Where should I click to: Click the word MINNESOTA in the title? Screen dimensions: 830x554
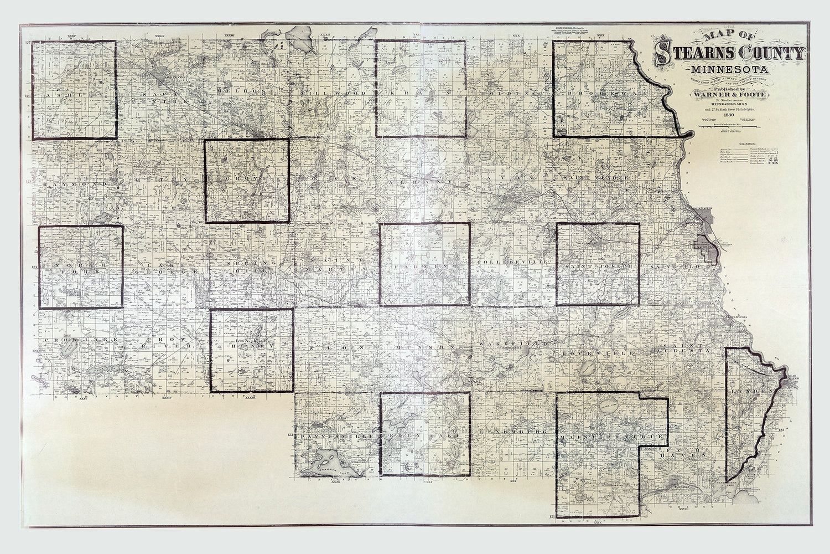(x=727, y=71)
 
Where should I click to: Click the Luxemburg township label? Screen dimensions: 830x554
(x=509, y=431)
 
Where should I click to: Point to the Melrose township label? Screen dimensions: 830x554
(x=245, y=90)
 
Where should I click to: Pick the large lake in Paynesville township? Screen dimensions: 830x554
(x=328, y=461)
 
